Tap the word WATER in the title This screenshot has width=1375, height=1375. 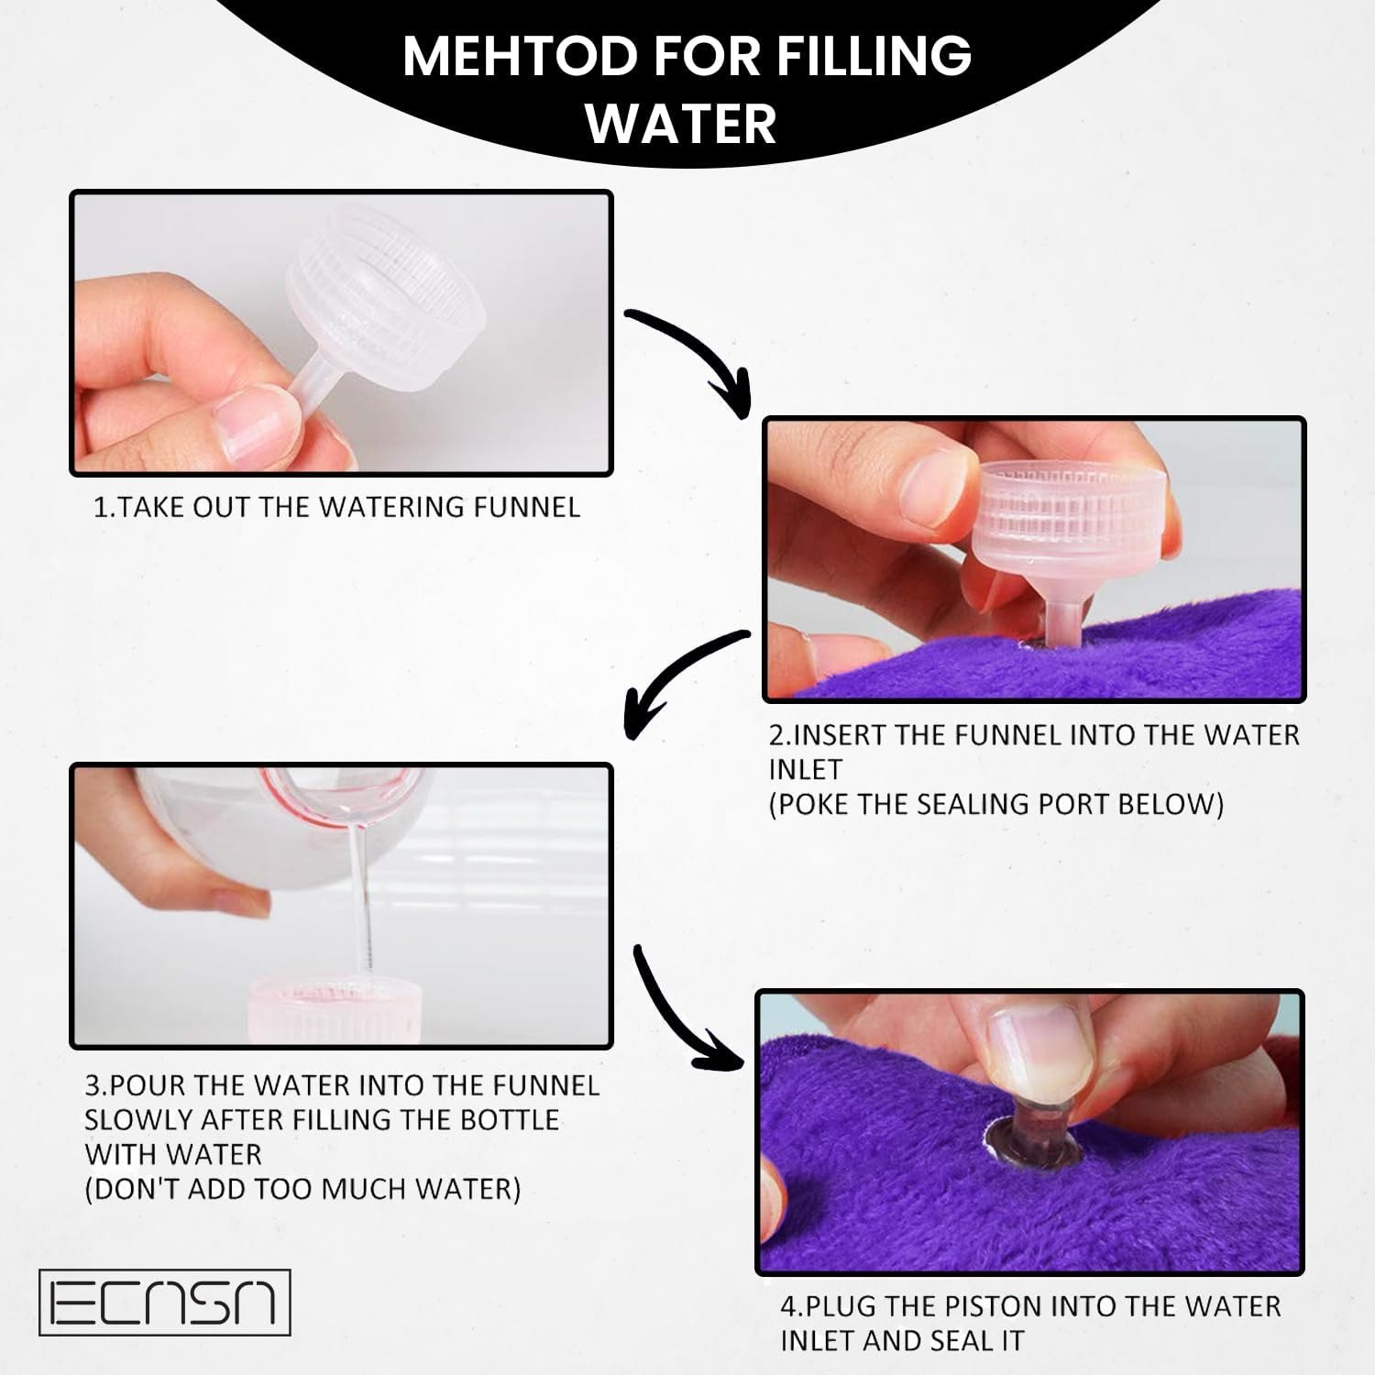(681, 124)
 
